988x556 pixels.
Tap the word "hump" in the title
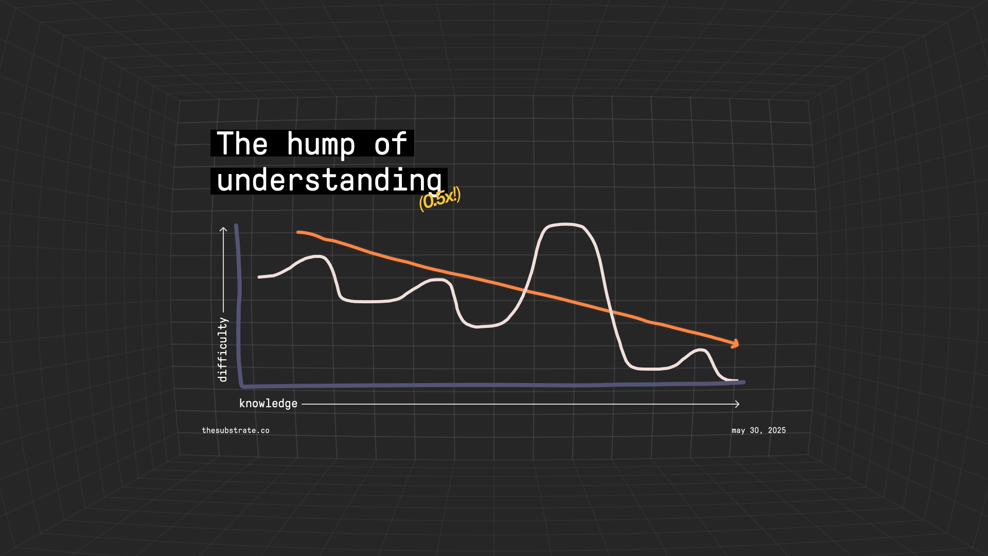pyautogui.click(x=321, y=145)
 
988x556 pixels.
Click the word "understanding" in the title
pyautogui.click(x=329, y=181)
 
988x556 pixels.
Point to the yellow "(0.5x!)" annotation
pyautogui.click(x=439, y=199)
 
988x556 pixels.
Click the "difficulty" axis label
pyautogui.click(x=222, y=350)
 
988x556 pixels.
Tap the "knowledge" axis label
pyautogui.click(x=268, y=404)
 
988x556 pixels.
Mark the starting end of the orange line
pyautogui.click(x=298, y=232)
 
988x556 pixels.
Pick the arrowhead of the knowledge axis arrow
pyautogui.click(x=737, y=404)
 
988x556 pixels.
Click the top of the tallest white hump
pyautogui.click(x=565, y=224)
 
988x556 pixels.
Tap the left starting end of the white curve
pyautogui.click(x=259, y=277)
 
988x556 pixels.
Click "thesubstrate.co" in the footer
pyautogui.click(x=236, y=430)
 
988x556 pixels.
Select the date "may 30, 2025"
pyautogui.click(x=758, y=430)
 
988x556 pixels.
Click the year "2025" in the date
pyautogui.click(x=777, y=430)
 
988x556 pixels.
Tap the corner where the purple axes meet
pyautogui.click(x=242, y=385)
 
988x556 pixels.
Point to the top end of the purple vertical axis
pyautogui.click(x=236, y=225)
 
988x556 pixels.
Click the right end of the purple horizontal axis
pyautogui.click(x=744, y=382)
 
